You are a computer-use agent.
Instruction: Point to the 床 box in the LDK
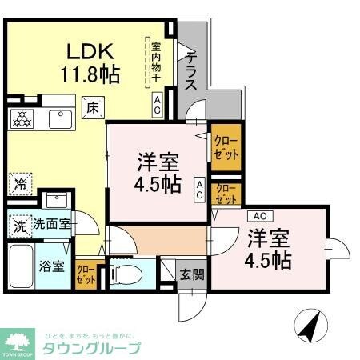pyautogui.click(x=93, y=106)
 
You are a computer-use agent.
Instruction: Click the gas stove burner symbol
pyautogui.click(x=21, y=119)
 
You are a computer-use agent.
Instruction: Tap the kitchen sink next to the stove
pyautogui.click(x=58, y=118)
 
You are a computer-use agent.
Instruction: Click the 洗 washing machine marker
pyautogui.click(x=19, y=225)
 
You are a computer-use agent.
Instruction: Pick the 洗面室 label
pyautogui.click(x=52, y=225)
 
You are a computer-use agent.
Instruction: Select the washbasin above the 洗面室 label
pyautogui.click(x=55, y=201)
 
